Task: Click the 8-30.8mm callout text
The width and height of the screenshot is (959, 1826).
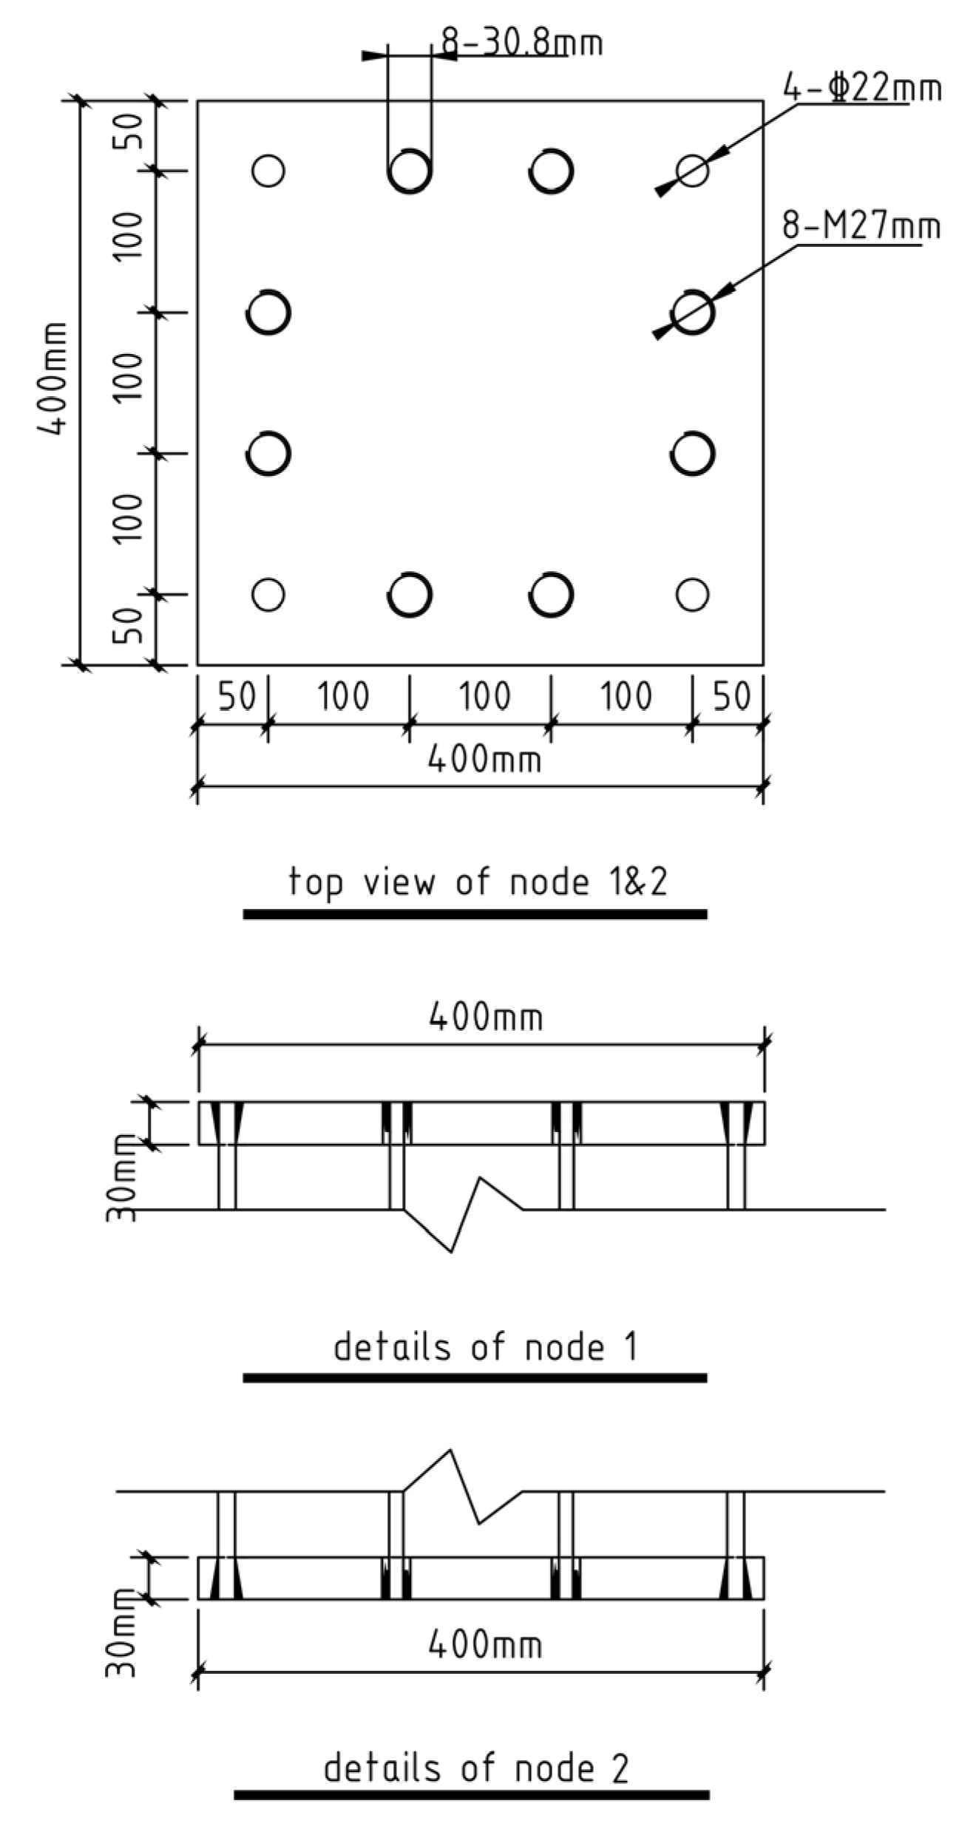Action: [x=522, y=43]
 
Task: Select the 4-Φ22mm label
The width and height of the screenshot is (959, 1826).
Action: [x=862, y=89]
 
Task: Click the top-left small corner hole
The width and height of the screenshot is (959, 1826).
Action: [x=268, y=171]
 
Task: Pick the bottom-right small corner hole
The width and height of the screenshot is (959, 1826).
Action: [x=692, y=594]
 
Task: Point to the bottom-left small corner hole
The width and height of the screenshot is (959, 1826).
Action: [x=268, y=594]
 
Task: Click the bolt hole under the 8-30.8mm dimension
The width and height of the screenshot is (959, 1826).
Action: [x=410, y=171]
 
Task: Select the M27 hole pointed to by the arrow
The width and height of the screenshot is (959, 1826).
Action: [x=694, y=312]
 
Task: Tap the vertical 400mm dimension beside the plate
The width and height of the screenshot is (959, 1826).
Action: [x=53, y=378]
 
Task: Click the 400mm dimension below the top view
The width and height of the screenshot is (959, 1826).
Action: [x=484, y=759]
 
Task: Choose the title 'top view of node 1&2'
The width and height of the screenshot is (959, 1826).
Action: [x=478, y=882]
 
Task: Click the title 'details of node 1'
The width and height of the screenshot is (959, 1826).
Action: [x=484, y=1346]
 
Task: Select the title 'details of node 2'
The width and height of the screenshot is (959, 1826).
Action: [x=476, y=1768]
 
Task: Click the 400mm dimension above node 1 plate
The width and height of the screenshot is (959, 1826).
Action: [x=486, y=1018]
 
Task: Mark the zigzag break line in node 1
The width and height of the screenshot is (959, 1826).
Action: [x=464, y=1212]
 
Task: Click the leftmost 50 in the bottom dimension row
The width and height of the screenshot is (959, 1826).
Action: [x=237, y=697]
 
